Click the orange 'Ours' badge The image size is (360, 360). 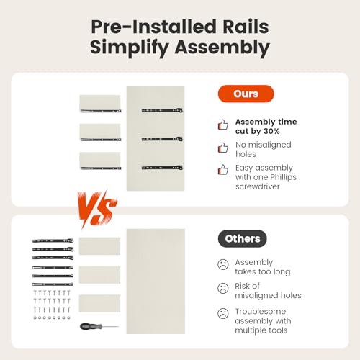pyautogui.click(x=246, y=94)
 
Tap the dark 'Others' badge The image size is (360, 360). pyautogui.click(x=243, y=238)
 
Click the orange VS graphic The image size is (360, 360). pyautogui.click(x=96, y=209)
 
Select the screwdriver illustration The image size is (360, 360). pyautogui.click(x=99, y=326)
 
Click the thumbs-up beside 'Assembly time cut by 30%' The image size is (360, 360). pyautogui.click(x=223, y=125)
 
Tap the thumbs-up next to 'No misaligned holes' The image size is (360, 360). pyautogui.click(x=223, y=148)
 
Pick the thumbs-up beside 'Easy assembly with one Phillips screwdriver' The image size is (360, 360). pyautogui.click(x=223, y=170)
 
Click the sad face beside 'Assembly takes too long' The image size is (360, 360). pyautogui.click(x=223, y=264)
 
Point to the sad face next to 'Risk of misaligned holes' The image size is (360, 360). pyautogui.click(x=223, y=288)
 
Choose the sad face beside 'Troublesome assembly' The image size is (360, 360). pyautogui.click(x=223, y=313)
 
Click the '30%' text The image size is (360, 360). pyautogui.click(x=271, y=131)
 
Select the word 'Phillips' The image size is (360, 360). pyautogui.click(x=282, y=177)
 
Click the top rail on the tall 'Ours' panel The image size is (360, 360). pyautogui.click(x=162, y=110)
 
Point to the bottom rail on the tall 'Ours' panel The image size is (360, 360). pyautogui.click(x=162, y=168)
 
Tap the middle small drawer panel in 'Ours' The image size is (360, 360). pyautogui.click(x=100, y=132)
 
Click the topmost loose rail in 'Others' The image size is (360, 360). pyautogui.click(x=53, y=240)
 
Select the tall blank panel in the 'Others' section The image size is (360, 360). pyautogui.click(x=156, y=282)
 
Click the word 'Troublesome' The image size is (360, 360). pyautogui.click(x=261, y=311)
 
